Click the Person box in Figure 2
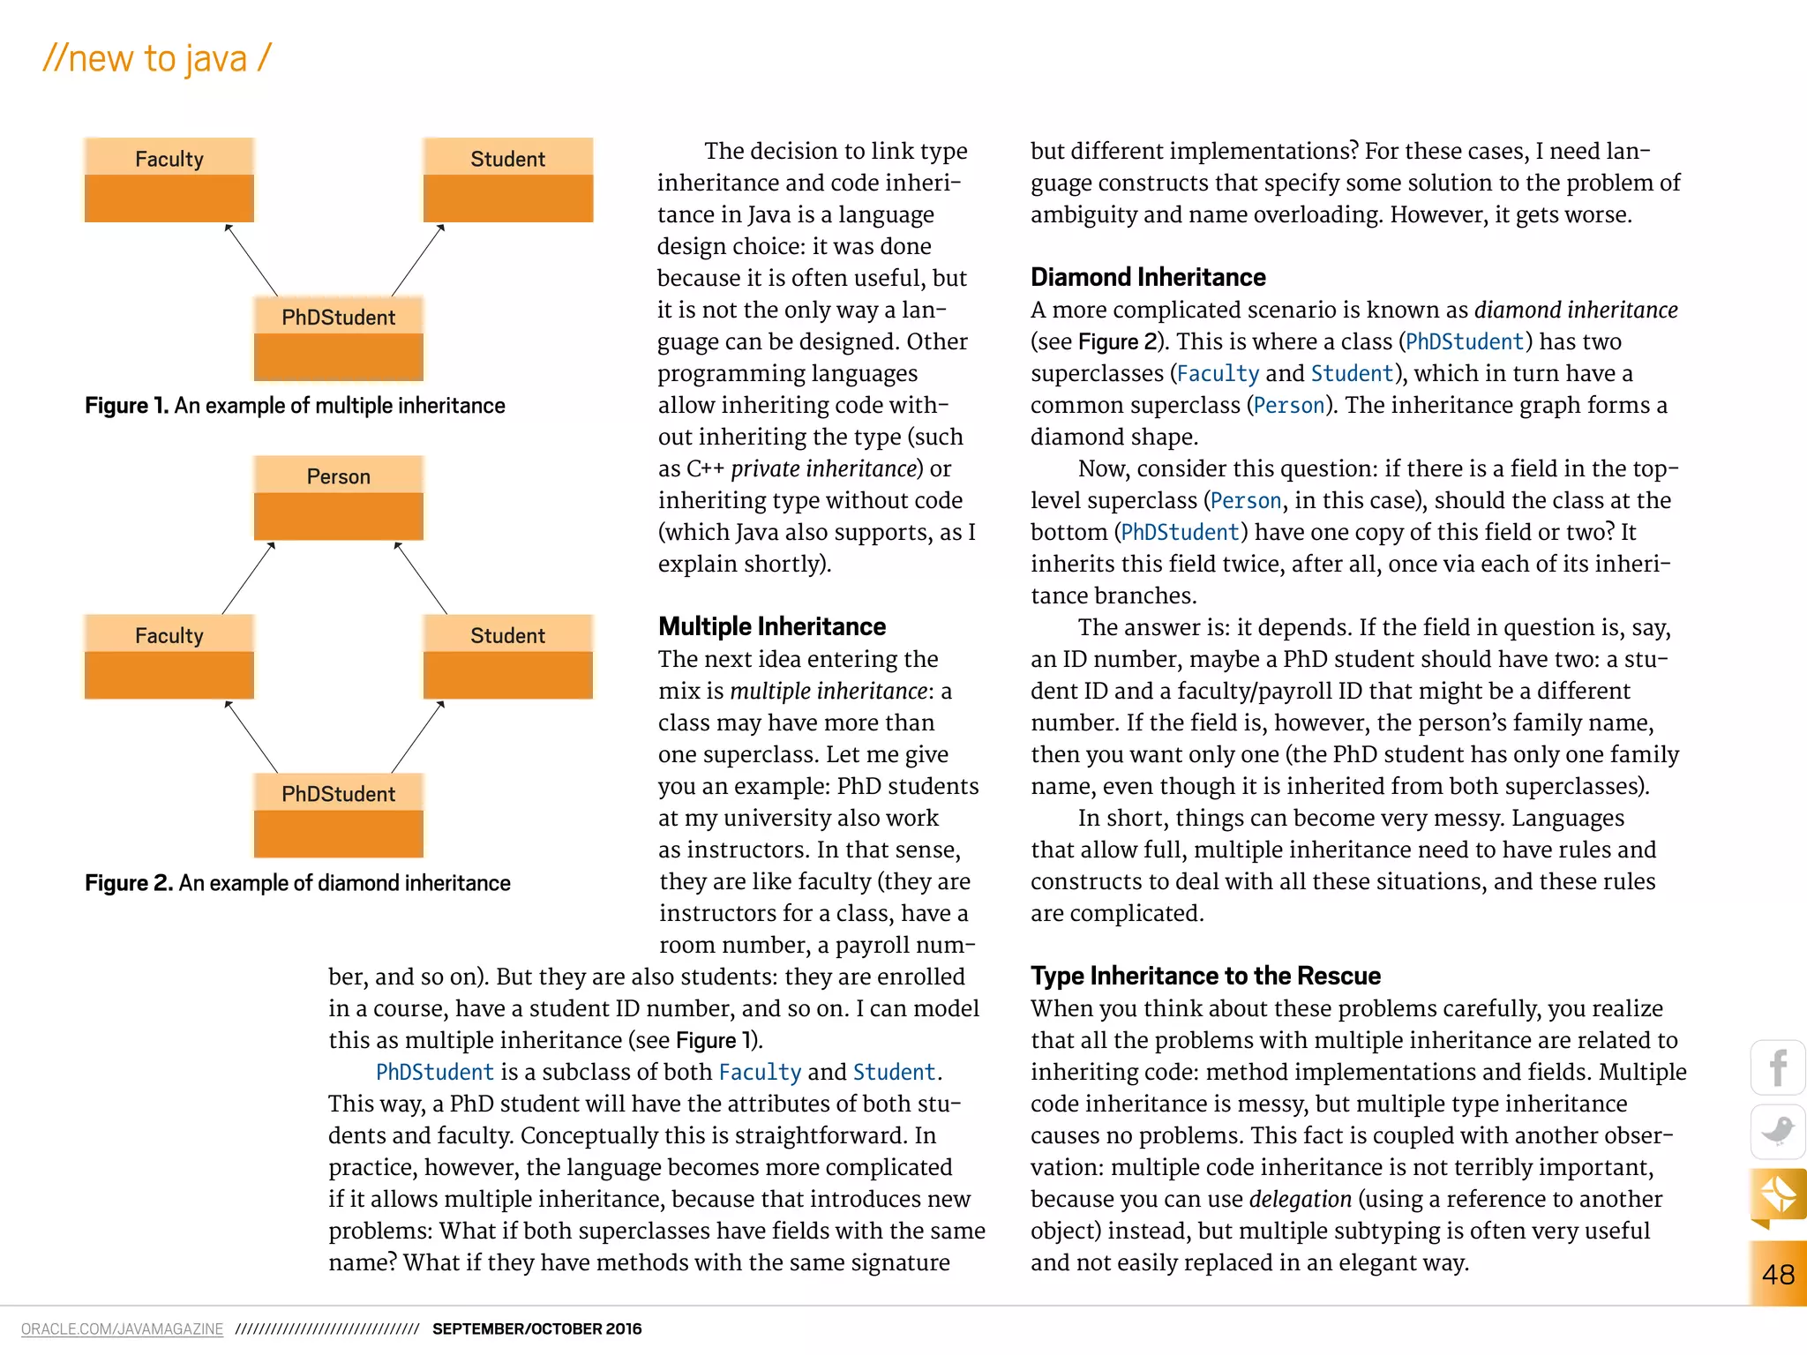339,498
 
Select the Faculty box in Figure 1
169,180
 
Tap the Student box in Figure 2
508,656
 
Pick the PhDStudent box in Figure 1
339,339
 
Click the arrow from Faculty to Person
248,578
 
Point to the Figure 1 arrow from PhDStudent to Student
417,260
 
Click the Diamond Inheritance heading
1148,277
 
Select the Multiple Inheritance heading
772,626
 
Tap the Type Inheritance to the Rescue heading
1205,976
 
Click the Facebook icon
1778,1068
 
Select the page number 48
1778,1274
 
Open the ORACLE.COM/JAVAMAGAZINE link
122,1329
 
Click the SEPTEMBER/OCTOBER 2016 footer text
536,1329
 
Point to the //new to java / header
157,58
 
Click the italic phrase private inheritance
823,468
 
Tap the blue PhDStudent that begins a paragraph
434,1072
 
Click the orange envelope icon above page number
1778,1195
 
